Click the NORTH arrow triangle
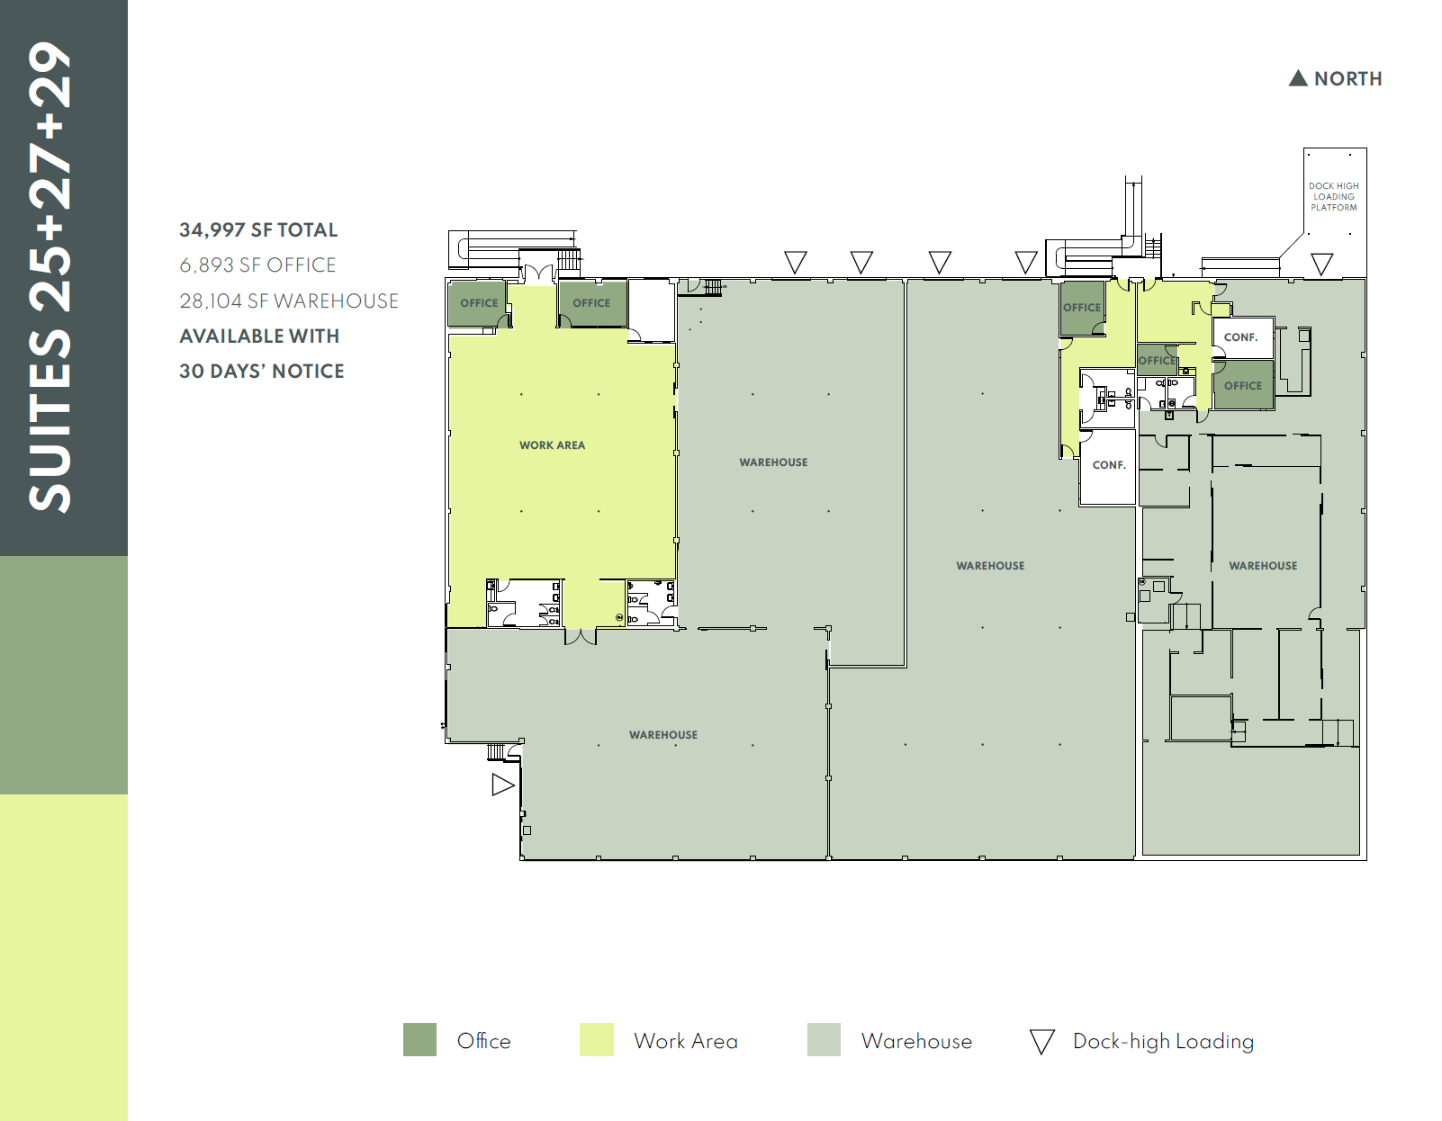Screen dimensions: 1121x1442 click(x=1297, y=78)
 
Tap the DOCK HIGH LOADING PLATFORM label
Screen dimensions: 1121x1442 click(x=1334, y=197)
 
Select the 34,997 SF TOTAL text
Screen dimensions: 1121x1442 click(x=258, y=229)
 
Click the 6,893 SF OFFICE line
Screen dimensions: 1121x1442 click(x=257, y=265)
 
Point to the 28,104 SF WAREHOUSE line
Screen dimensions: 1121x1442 click(x=288, y=300)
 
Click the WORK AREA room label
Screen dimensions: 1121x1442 click(x=552, y=445)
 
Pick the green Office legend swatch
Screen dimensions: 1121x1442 click(x=419, y=1039)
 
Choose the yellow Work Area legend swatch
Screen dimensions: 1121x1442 click(x=596, y=1039)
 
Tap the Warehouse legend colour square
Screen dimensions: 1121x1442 click(x=824, y=1039)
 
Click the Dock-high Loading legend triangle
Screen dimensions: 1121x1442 click(x=1041, y=1041)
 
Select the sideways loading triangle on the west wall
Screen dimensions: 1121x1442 click(x=501, y=785)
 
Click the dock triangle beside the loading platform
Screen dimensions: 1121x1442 click(x=1321, y=264)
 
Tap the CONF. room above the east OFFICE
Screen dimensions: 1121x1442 click(x=1240, y=337)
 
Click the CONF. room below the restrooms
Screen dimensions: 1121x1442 click(x=1109, y=465)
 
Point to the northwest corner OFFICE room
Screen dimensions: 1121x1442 click(x=478, y=303)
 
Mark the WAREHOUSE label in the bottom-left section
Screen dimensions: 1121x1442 click(x=663, y=735)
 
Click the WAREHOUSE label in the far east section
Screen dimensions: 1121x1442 click(x=1263, y=566)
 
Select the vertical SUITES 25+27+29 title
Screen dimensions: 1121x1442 click(x=50, y=277)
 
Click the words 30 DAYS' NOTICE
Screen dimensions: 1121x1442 click(x=261, y=371)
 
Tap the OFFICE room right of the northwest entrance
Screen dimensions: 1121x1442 click(x=591, y=303)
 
